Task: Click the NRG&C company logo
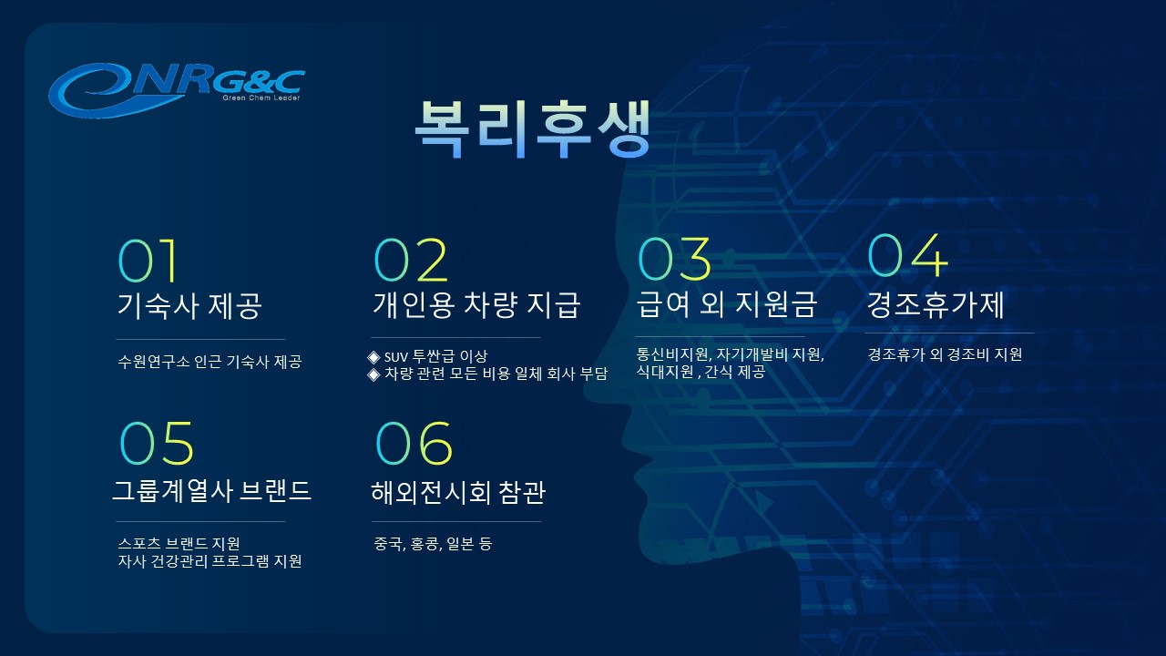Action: (x=177, y=90)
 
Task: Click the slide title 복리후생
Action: (x=533, y=128)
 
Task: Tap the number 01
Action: (x=148, y=261)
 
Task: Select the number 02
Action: (x=411, y=260)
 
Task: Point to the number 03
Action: (x=674, y=259)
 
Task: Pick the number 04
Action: (x=907, y=255)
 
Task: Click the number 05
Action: (x=157, y=443)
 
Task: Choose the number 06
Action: (x=414, y=443)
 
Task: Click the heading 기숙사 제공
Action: (x=189, y=305)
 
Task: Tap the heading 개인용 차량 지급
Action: (x=476, y=304)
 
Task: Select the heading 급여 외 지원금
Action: (x=727, y=304)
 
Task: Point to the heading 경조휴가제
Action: (x=936, y=304)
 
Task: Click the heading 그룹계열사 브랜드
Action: (x=212, y=490)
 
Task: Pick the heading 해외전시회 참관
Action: (x=458, y=492)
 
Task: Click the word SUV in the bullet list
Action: (x=395, y=357)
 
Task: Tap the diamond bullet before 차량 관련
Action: (x=373, y=374)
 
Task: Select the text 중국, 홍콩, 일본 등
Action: (x=433, y=544)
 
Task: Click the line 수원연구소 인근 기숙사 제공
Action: (x=210, y=362)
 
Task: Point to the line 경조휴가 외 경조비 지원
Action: (x=945, y=354)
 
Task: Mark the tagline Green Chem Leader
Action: (x=261, y=97)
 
